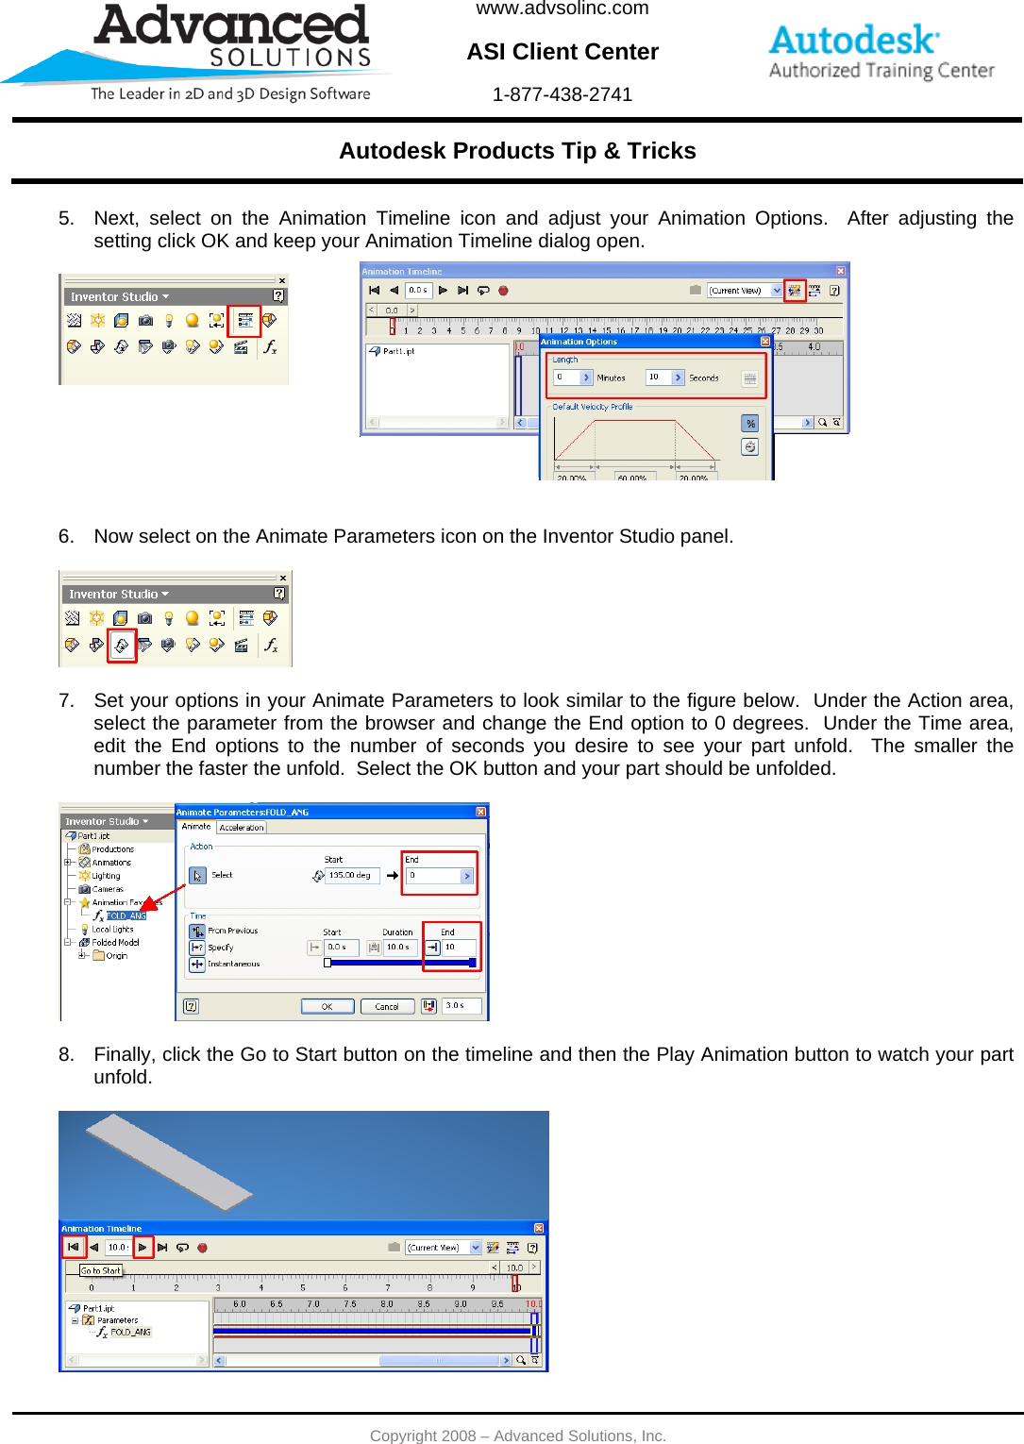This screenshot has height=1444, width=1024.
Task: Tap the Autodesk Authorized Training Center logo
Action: tap(881, 53)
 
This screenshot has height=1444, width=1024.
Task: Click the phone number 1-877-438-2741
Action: tap(562, 94)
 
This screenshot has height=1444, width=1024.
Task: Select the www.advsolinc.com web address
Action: tap(562, 9)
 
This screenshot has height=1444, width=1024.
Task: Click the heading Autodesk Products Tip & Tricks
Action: tap(517, 151)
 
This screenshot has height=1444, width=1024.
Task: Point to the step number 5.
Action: tap(65, 219)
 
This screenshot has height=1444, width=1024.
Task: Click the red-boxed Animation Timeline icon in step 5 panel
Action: tap(244, 321)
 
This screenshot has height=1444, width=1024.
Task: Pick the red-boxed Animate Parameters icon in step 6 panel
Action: tap(122, 646)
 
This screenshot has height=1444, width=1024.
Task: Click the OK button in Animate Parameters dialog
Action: tap(327, 1006)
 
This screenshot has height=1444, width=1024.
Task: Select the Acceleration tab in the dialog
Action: tap(242, 828)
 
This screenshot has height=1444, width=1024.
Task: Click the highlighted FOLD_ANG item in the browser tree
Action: tap(126, 915)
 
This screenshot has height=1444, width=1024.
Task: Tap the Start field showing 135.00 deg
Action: tap(351, 876)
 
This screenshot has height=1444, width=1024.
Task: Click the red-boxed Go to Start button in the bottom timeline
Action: tap(74, 1247)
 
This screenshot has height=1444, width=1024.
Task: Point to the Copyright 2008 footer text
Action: tap(517, 1436)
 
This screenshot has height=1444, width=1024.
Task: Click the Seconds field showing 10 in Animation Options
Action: tap(659, 378)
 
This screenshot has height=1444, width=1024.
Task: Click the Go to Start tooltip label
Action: tap(101, 1270)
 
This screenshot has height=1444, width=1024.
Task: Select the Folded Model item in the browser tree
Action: tap(115, 942)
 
